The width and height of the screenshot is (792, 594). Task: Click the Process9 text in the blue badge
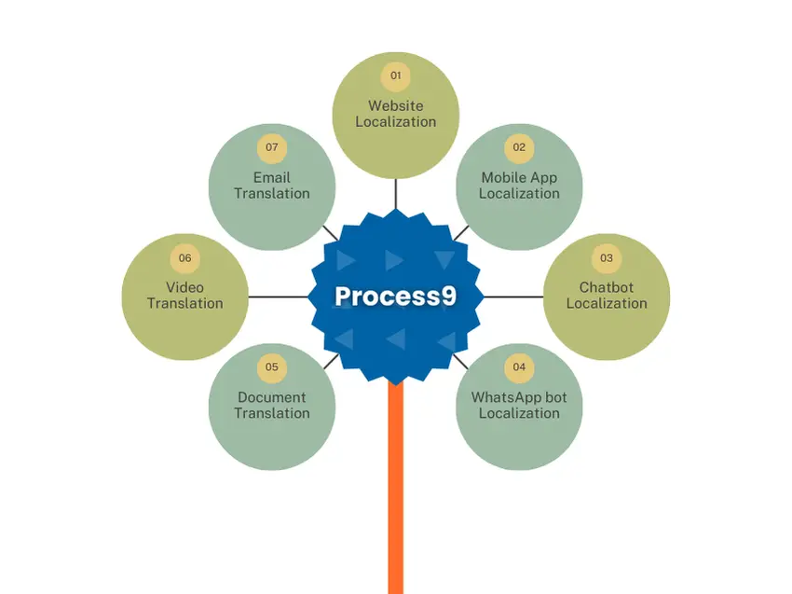pyautogui.click(x=395, y=296)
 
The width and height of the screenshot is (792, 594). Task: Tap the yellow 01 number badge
pyautogui.click(x=395, y=76)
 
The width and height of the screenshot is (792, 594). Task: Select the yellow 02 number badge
pyautogui.click(x=519, y=147)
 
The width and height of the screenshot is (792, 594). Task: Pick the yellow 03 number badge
pyautogui.click(x=607, y=257)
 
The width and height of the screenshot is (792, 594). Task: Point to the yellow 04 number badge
pyautogui.click(x=519, y=367)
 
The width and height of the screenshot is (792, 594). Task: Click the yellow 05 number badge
pyautogui.click(x=272, y=367)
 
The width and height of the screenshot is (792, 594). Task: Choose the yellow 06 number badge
pyautogui.click(x=184, y=257)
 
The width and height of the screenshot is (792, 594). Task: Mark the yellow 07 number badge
pyautogui.click(x=272, y=147)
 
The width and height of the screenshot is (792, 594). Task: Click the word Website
pyautogui.click(x=395, y=105)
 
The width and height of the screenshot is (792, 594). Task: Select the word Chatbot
pyautogui.click(x=607, y=287)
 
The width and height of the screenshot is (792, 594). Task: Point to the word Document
pyautogui.click(x=272, y=397)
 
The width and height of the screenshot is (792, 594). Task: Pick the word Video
pyautogui.click(x=184, y=287)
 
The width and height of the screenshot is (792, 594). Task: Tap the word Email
pyautogui.click(x=272, y=177)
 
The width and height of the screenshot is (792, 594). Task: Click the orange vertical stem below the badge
pyautogui.click(x=396, y=489)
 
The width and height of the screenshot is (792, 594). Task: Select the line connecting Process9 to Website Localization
pyautogui.click(x=395, y=194)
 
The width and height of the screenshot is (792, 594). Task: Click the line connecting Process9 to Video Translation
pyautogui.click(x=279, y=297)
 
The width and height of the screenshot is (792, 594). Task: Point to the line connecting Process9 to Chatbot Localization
pyautogui.click(x=513, y=297)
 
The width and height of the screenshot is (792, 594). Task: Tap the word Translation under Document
pyautogui.click(x=272, y=413)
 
